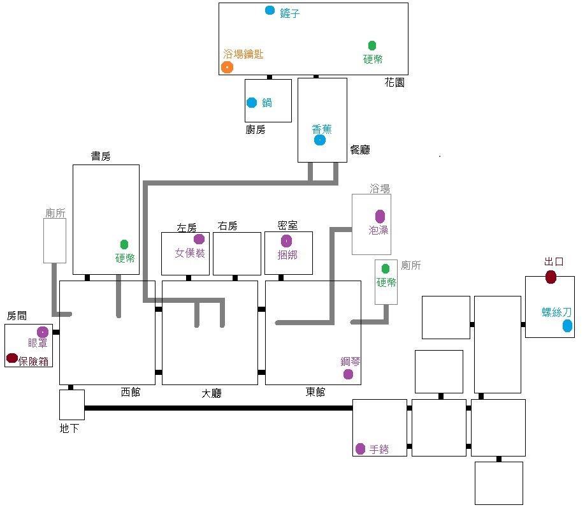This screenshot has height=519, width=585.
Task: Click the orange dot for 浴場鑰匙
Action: pyautogui.click(x=227, y=67)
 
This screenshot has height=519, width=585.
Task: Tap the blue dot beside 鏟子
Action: pyautogui.click(x=270, y=10)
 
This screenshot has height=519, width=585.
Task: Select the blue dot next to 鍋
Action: pyautogui.click(x=252, y=102)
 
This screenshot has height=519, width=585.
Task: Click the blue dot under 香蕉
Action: pyautogui.click(x=320, y=140)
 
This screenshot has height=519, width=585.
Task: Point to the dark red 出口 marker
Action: pyautogui.click(x=551, y=277)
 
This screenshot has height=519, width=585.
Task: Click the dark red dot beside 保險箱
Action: pyautogui.click(x=12, y=358)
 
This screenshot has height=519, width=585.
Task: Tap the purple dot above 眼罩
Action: pyautogui.click(x=43, y=332)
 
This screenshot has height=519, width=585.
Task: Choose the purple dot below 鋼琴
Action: pyautogui.click(x=348, y=374)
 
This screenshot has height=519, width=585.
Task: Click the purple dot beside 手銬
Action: pyautogui.click(x=361, y=449)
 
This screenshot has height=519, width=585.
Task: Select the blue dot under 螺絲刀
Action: pyautogui.click(x=567, y=326)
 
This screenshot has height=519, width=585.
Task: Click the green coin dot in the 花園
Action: pyautogui.click(x=372, y=45)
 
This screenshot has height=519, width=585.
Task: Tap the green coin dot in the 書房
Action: pyautogui.click(x=124, y=245)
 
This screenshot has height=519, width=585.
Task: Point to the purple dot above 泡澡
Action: pyautogui.click(x=380, y=216)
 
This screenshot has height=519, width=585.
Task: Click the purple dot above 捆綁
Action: pyautogui.click(x=287, y=241)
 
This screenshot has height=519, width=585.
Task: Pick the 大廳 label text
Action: pyautogui.click(x=212, y=393)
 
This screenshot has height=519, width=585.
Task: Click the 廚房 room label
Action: pyautogui.click(x=256, y=129)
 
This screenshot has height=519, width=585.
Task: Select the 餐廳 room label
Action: pyautogui.click(x=360, y=150)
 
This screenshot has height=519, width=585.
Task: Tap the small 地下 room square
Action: pyautogui.click(x=72, y=405)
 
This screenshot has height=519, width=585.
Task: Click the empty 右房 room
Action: pyautogui.click(x=237, y=254)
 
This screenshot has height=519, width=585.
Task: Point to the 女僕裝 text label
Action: pyautogui.click(x=190, y=253)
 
